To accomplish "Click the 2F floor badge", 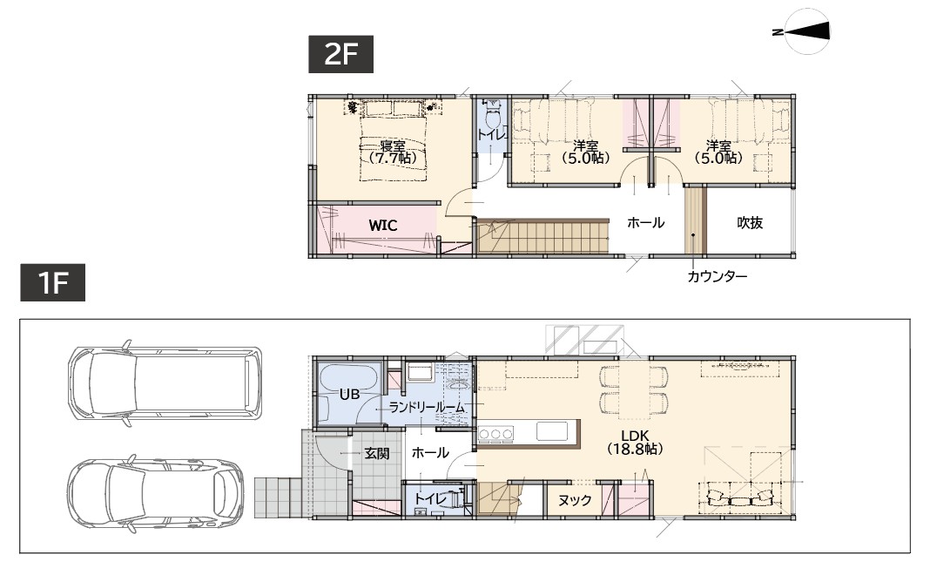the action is point(340,54).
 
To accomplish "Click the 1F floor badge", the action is point(53,282).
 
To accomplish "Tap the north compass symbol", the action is point(804,30).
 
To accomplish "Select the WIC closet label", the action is point(382,226).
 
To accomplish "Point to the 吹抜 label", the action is point(750,222).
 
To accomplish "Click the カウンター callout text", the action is point(717,276).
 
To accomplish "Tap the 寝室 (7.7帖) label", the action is point(392,152).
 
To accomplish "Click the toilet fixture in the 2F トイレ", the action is point(493,115).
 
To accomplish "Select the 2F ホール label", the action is point(645,223).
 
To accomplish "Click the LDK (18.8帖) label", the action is point(635,442).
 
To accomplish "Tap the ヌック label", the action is point(575,501).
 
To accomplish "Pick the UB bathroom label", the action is point(349,394).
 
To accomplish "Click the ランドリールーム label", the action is point(427,408).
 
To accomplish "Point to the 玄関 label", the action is point(377,454).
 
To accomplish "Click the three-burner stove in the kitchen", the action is point(495,434).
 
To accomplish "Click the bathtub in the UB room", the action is point(349,391).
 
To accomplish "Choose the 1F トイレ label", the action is point(430,499).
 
